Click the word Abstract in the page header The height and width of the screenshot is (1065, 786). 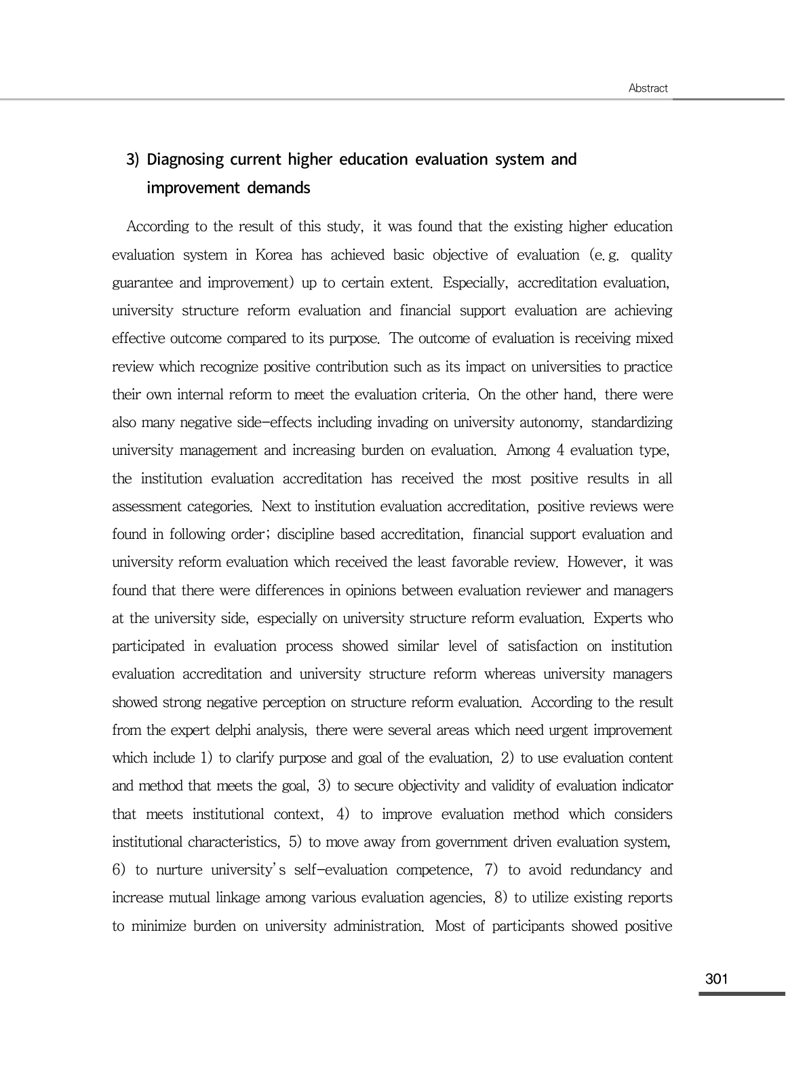click(x=648, y=88)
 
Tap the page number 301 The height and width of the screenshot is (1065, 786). click(x=716, y=978)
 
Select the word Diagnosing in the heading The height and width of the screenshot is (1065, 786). click(x=185, y=159)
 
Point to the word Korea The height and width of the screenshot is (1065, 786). click(x=274, y=255)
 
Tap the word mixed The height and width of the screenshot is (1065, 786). click(x=654, y=339)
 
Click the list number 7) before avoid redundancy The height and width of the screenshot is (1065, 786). click(x=493, y=870)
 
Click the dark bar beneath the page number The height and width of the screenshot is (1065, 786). click(x=742, y=994)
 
